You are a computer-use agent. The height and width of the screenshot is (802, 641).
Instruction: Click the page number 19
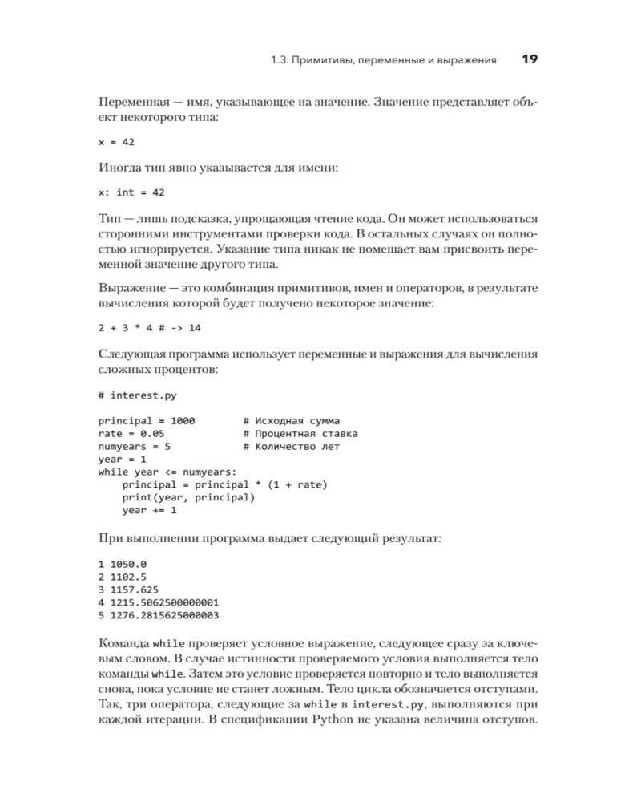[x=530, y=59]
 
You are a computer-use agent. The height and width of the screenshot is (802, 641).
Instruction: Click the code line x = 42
[x=116, y=141]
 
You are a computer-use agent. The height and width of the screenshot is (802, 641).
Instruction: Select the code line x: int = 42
[x=131, y=192]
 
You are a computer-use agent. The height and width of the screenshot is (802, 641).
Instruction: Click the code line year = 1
[x=123, y=460]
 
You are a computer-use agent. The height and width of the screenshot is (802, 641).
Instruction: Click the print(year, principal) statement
[x=188, y=498]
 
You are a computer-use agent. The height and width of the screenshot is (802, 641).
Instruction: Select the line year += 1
[x=150, y=511]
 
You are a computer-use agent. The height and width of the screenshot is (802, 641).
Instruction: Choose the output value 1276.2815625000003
[x=166, y=615]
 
